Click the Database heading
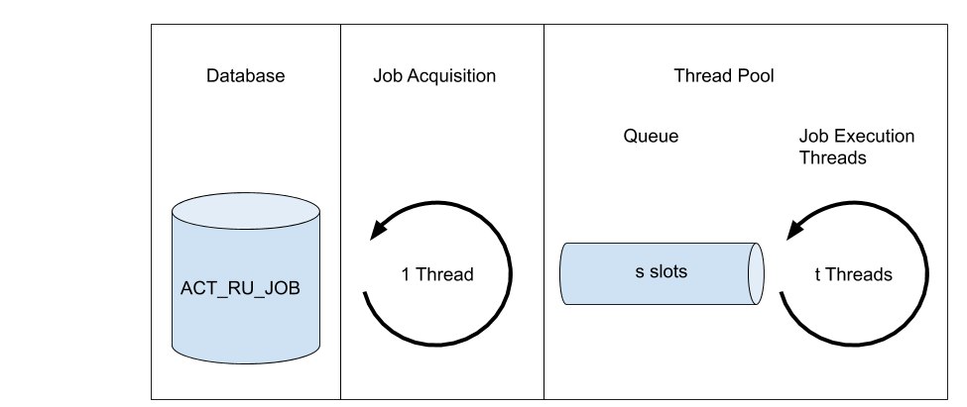coord(245,75)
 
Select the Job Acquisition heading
coord(434,75)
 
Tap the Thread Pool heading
coord(723,75)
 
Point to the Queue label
coord(651,136)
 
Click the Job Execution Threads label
coord(857,147)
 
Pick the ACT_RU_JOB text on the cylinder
coord(240,288)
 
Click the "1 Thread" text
coord(437,274)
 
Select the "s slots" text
coord(662,271)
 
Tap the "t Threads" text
coord(854,274)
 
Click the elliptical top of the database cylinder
coord(245,212)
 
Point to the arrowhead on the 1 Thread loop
coord(379,230)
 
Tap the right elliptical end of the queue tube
coord(756,273)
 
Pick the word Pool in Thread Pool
coord(755,75)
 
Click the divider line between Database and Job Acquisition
coord(340,212)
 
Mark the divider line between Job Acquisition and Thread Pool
coord(544,212)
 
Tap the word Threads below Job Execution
coord(833,157)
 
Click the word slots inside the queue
coord(669,271)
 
